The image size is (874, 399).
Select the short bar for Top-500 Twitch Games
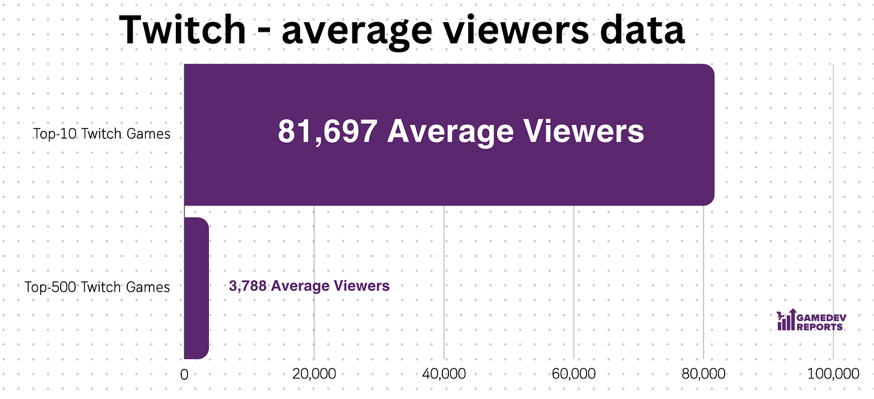point(196,288)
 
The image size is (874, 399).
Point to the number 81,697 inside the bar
point(327,131)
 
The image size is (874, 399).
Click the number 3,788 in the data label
point(248,286)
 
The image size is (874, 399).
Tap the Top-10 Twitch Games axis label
point(101,133)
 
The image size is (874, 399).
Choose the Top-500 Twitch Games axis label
point(97,287)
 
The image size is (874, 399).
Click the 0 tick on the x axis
point(184,374)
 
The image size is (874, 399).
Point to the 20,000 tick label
point(314,374)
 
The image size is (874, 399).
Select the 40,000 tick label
point(444,374)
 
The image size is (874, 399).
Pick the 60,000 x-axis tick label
point(573,374)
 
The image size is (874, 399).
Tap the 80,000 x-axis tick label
point(704,374)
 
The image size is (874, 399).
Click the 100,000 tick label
point(833,374)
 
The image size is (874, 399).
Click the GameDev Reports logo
point(810,320)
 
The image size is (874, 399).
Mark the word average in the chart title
point(346,29)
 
